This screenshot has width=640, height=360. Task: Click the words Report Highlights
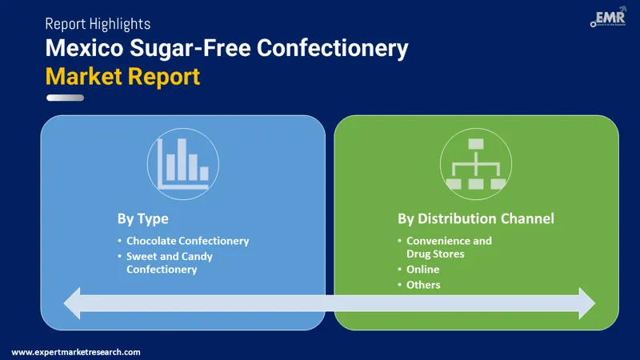[98, 24]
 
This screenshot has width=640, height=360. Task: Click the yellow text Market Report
[122, 77]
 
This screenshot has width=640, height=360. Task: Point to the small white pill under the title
[65, 98]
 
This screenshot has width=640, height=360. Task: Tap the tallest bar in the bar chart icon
[181, 159]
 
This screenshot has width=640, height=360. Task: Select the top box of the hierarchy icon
[476, 144]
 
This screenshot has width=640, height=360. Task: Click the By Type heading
[143, 218]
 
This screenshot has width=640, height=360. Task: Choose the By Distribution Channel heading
[476, 218]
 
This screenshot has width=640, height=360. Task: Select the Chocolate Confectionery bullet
[187, 241]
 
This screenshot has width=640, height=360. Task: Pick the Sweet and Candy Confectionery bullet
[170, 263]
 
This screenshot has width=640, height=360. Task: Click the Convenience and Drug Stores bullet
[449, 247]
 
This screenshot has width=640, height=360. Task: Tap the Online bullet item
[422, 270]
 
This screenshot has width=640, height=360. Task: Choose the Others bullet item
[423, 285]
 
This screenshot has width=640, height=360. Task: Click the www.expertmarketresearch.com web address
[76, 352]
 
